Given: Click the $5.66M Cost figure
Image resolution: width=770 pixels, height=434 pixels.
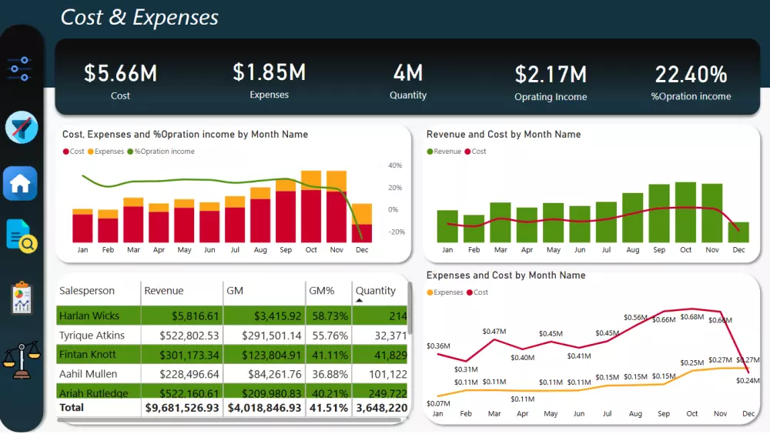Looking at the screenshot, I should point(120,73).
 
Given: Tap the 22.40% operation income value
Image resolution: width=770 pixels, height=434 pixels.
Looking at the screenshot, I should point(691,75).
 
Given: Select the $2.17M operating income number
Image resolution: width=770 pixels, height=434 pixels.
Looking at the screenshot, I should point(551,75).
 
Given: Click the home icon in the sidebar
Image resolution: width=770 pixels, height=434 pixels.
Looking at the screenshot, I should point(20,184).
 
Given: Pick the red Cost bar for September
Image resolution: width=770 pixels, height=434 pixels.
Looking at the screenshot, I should point(286,217).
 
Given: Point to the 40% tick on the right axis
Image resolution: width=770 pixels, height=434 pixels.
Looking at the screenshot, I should point(395,165).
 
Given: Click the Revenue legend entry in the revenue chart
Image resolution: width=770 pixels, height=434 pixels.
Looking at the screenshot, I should point(447,152).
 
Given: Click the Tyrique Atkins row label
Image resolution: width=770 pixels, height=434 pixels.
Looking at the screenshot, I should point(92,336).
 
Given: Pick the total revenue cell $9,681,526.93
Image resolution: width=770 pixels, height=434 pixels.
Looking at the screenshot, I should point(182,407).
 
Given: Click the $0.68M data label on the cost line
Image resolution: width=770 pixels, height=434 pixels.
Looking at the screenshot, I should point(692,317).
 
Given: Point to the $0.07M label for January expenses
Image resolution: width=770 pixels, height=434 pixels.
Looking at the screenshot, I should point(438,403).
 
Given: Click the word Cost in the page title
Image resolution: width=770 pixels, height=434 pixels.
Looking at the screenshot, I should point(82,18).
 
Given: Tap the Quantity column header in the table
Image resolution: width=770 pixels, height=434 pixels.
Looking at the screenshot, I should point(376,291).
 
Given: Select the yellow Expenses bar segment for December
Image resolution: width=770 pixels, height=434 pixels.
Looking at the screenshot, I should point(362,214).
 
